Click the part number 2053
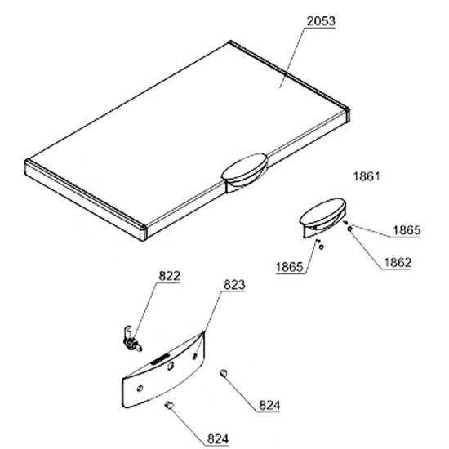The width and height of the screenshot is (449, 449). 321,21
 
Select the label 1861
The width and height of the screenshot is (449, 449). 367,176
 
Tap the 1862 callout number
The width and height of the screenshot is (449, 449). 398,263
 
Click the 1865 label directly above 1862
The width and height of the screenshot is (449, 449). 407,230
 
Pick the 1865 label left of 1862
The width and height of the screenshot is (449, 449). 289,267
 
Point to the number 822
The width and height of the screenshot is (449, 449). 170,276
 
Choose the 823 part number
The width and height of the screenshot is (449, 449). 234,285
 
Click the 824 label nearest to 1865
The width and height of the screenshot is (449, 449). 269,405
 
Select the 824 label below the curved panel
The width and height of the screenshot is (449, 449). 218,438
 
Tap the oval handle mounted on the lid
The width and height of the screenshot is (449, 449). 245,171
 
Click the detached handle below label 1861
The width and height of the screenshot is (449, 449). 322,217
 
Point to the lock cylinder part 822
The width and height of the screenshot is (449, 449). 131,340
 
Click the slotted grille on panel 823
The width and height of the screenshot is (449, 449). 159,360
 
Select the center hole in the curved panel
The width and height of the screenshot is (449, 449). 171,366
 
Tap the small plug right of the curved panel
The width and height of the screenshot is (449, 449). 224,373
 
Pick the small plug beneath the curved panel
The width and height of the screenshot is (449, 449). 169,405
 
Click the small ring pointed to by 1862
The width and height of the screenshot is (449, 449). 349,229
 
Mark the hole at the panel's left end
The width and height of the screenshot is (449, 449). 140,389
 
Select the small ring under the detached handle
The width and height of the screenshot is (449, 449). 322,247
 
